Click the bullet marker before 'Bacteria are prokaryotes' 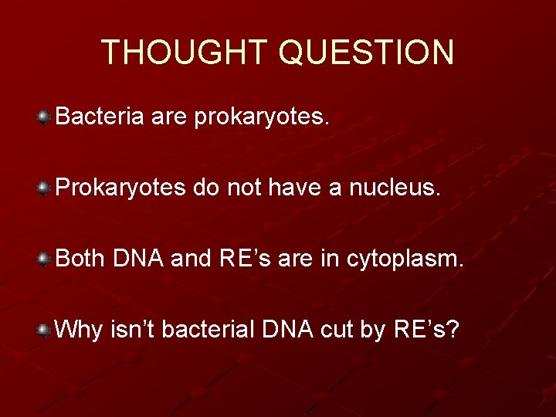[45, 117]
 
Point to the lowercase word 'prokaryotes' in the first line [263, 118]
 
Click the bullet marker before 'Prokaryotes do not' [45, 188]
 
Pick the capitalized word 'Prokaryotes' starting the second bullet [120, 188]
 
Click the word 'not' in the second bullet [242, 188]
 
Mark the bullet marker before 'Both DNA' [45, 259]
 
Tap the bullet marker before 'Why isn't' [45, 330]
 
